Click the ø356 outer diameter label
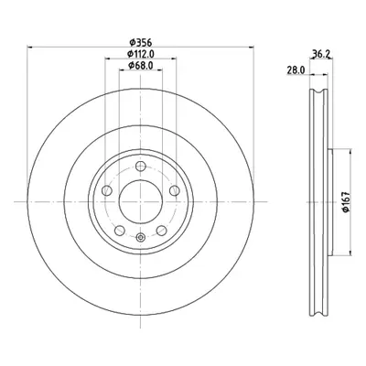pos(140,42)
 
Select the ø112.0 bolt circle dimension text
pos(140,54)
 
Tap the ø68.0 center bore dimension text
pos(140,65)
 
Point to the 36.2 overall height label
pos(320,54)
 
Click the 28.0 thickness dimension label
pos(296,70)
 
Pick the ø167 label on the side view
pos(345,202)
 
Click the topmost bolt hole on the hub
pos(140,167)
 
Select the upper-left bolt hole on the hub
pos(106,191)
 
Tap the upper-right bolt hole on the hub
pos(175,191)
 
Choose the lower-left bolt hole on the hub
pos(119,231)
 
